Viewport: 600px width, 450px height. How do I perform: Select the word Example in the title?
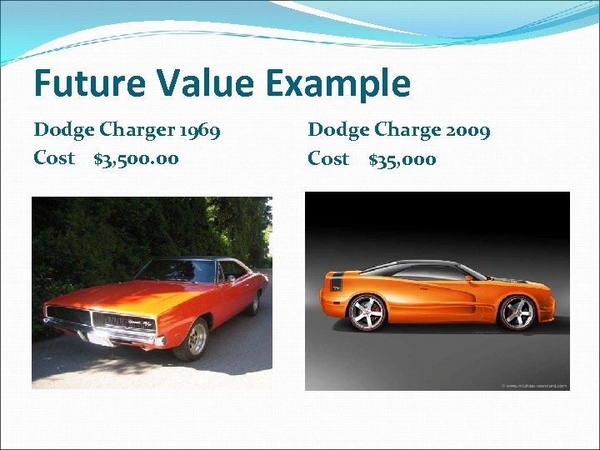point(340,85)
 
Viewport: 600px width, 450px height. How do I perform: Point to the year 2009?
point(467,131)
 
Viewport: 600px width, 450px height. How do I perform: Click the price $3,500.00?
point(136,158)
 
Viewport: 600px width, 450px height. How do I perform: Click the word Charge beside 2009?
point(406,132)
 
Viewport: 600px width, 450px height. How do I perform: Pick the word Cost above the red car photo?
point(54,158)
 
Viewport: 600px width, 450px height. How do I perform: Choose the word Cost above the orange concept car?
point(328,158)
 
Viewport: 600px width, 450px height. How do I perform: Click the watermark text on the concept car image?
point(534,385)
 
